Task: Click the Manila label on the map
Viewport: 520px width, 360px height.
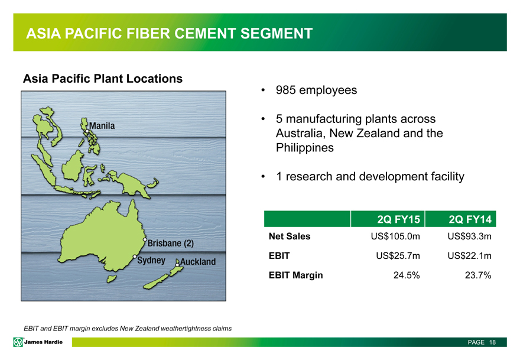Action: pos(102,126)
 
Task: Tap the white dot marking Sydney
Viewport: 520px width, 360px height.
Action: pos(135,257)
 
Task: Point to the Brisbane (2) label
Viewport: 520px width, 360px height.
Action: pos(170,243)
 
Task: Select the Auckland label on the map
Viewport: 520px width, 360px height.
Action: pos(198,262)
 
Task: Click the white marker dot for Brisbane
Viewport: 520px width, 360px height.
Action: pos(145,239)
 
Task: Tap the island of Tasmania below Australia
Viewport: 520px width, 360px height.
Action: pos(112,278)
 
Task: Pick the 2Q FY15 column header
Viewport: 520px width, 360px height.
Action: pos(399,219)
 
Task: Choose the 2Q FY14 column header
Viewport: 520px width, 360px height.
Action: pos(470,219)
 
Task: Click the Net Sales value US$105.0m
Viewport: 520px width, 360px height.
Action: pos(395,236)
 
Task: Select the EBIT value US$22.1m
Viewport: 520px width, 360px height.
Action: pos(469,256)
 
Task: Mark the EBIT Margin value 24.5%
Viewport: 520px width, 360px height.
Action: pos(407,275)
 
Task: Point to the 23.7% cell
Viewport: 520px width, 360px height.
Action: pos(478,275)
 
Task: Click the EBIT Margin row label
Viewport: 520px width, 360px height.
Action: pos(296,275)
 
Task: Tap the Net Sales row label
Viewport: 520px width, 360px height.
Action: pos(290,236)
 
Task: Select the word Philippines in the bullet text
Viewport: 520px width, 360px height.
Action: pos(305,148)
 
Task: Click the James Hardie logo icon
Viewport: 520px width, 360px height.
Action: pos(18,342)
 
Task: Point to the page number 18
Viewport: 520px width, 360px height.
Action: pos(492,342)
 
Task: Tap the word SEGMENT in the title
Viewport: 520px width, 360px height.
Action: pos(277,34)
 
